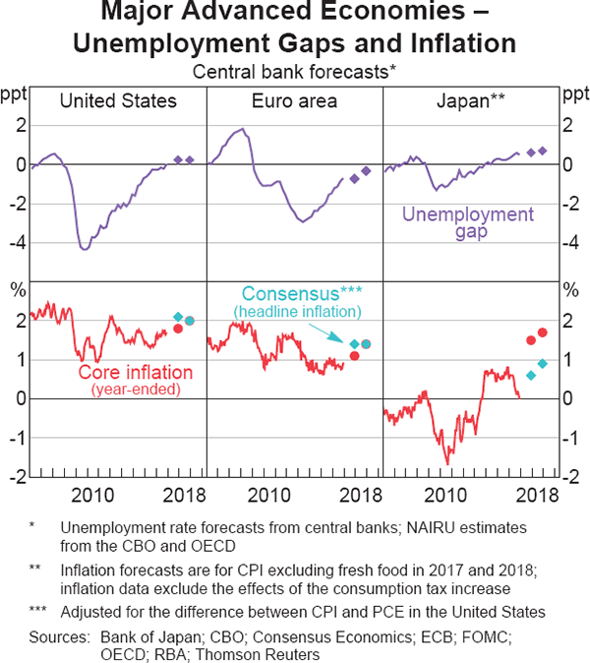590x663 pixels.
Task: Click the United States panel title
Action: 118,101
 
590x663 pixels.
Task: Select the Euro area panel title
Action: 294,101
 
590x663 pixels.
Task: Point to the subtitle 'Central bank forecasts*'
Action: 294,72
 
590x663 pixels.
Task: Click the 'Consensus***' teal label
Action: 297,294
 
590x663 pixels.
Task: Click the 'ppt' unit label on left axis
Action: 15,96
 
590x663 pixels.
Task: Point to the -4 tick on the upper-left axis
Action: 17,243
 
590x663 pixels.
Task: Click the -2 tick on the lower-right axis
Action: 570,477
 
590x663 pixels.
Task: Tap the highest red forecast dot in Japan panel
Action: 543,332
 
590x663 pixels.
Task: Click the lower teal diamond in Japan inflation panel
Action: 531,375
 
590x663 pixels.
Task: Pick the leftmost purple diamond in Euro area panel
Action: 354,179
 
